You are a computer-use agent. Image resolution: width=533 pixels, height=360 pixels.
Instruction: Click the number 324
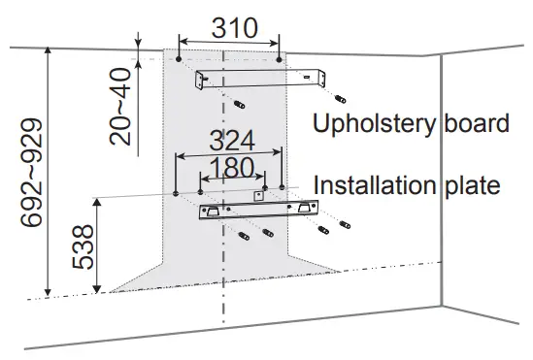tap(226, 141)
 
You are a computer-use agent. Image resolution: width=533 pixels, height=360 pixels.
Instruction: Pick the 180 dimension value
tap(231, 168)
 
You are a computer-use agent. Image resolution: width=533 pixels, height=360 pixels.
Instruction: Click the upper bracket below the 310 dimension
tap(260, 79)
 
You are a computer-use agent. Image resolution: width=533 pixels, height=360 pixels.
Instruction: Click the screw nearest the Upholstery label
tap(340, 98)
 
